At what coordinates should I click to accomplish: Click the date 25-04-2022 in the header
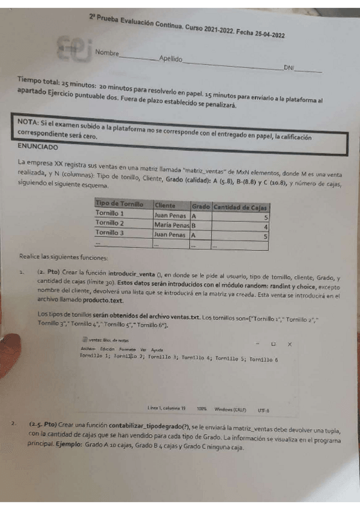point(264,35)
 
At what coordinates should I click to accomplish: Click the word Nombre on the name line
point(107,53)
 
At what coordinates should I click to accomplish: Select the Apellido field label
point(171,60)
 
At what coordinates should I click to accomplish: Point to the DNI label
point(289,69)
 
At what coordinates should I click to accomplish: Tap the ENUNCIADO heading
point(38,146)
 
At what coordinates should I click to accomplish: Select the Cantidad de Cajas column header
point(240,207)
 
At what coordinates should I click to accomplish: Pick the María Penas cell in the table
point(171,225)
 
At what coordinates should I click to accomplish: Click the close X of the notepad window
point(290,344)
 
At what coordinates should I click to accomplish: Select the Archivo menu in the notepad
point(88,350)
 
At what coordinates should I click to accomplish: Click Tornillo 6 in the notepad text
point(263,359)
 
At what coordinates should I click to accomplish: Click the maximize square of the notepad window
point(272,344)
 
